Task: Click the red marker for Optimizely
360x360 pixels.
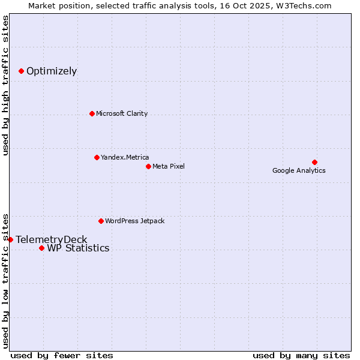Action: click(x=22, y=71)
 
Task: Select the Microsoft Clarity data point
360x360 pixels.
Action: click(x=92, y=113)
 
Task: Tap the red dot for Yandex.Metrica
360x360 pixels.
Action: click(x=97, y=157)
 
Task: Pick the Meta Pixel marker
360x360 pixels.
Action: click(x=148, y=166)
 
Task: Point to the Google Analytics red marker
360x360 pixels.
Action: click(x=314, y=162)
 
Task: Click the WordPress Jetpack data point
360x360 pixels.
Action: click(x=101, y=221)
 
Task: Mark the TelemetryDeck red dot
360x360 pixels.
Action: click(x=10, y=239)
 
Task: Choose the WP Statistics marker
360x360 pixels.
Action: click(x=41, y=248)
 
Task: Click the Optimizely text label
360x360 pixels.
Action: click(x=52, y=71)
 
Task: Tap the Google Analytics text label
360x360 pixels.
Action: click(x=299, y=171)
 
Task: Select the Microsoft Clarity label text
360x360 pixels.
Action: click(x=122, y=114)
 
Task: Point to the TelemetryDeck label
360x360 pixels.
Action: click(x=52, y=240)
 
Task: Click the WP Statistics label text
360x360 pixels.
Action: click(x=78, y=248)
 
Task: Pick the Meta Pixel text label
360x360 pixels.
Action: click(x=169, y=166)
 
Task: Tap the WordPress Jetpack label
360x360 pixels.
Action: click(x=134, y=221)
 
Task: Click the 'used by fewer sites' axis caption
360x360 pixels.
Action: click(x=62, y=355)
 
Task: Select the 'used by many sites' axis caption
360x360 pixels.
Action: click(x=301, y=355)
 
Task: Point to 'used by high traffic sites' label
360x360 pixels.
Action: click(x=5, y=85)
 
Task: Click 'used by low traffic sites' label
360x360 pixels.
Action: click(x=5, y=280)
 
